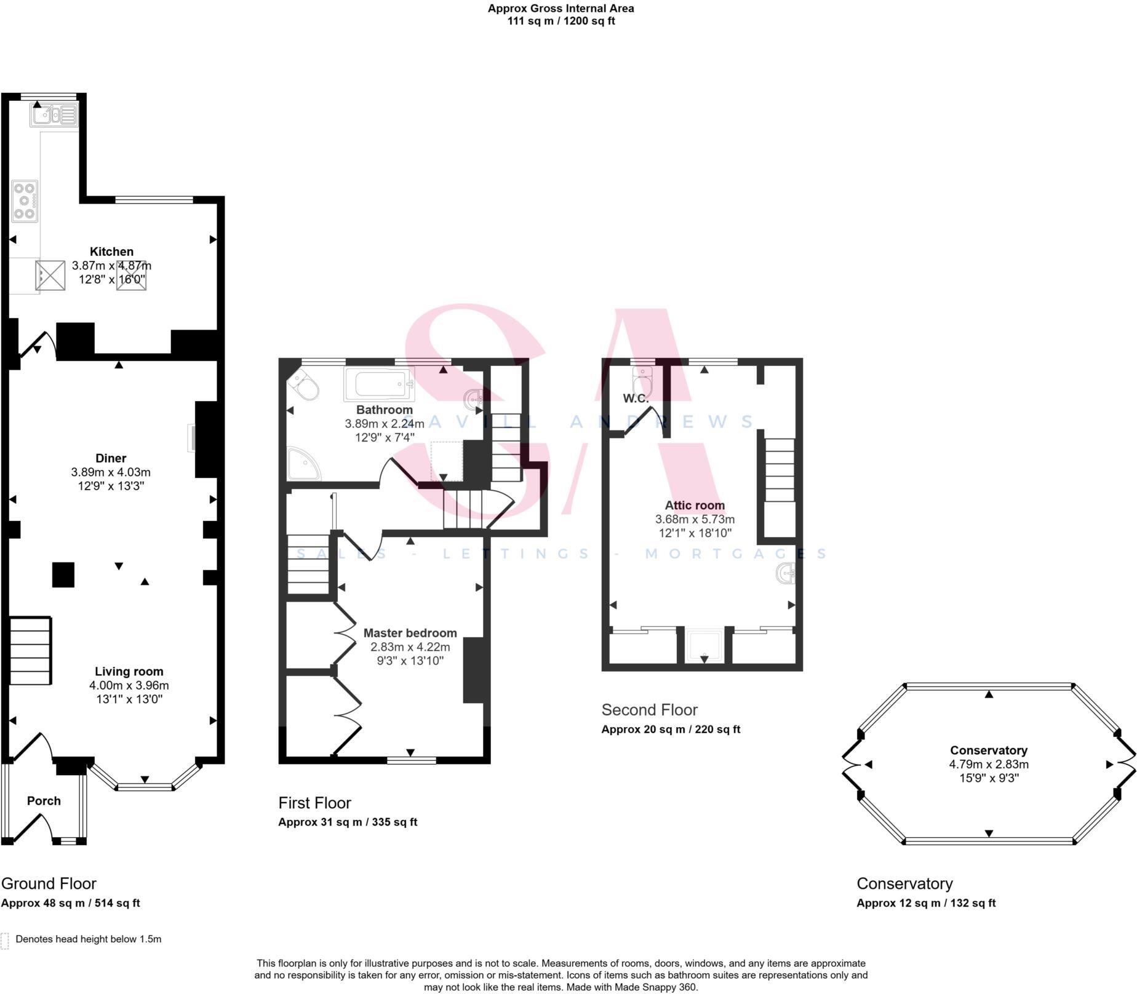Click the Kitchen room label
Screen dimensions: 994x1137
tap(111, 252)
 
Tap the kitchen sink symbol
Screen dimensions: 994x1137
tap(54, 115)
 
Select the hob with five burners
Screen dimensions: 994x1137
tap(25, 201)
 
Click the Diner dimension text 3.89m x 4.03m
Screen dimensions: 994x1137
tap(111, 472)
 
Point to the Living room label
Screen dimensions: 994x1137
tap(129, 672)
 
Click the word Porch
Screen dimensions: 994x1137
tap(44, 801)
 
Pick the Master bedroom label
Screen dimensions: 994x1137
tap(410, 633)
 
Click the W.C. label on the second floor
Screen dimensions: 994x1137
tap(636, 399)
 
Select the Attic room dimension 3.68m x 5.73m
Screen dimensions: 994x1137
tap(695, 519)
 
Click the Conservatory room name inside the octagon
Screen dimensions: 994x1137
tap(989, 750)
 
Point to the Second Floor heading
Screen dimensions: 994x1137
tap(649, 710)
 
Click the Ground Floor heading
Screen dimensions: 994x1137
tap(49, 884)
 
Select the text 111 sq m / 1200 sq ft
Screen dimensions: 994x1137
tap(561, 21)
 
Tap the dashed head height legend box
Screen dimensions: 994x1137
tap(5, 941)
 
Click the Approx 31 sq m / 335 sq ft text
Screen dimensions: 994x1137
tap(348, 822)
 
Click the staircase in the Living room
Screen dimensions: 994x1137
tap(30, 651)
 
